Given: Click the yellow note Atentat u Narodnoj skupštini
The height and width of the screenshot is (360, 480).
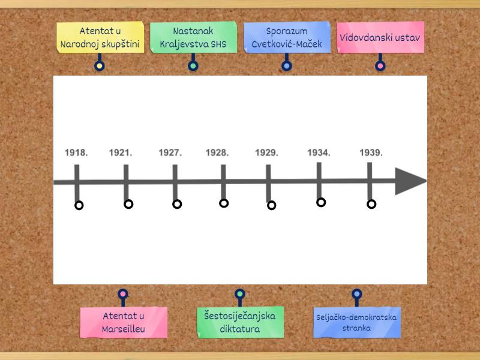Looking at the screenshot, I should pos(100,38).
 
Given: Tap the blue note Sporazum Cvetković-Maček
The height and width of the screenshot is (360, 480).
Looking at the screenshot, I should pos(287,38).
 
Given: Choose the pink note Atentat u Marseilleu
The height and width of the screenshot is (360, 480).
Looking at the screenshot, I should pos(124,322).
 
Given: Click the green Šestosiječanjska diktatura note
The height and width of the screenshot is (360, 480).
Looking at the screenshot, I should pos(240,322).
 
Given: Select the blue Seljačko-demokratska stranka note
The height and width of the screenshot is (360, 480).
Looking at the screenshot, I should pos(357,323).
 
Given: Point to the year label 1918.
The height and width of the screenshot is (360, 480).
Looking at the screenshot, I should pos(76,153).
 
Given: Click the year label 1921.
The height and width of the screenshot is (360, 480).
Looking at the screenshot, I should pos(121,153).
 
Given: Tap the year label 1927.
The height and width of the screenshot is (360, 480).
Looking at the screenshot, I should pos(170,153).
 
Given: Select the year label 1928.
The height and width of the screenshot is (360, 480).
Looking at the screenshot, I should pos(217,153).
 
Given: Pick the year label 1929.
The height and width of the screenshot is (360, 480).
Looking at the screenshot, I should pos(266,153).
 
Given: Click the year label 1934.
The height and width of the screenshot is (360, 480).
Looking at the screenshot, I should pos(319,153).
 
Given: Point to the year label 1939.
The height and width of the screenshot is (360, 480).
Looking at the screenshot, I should pos(371,153).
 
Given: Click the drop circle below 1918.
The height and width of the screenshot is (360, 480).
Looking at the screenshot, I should pos(79,205).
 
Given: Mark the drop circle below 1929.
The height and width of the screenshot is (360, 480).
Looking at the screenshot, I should pos(271,205).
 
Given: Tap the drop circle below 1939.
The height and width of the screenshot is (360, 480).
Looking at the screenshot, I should pos(371,204).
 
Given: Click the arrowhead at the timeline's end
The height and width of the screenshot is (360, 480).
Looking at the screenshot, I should pos(410,181).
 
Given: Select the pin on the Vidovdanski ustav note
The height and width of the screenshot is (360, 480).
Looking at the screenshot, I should pos(380,65).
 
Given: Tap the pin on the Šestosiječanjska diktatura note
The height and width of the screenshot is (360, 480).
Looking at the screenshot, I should pos(240,294).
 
